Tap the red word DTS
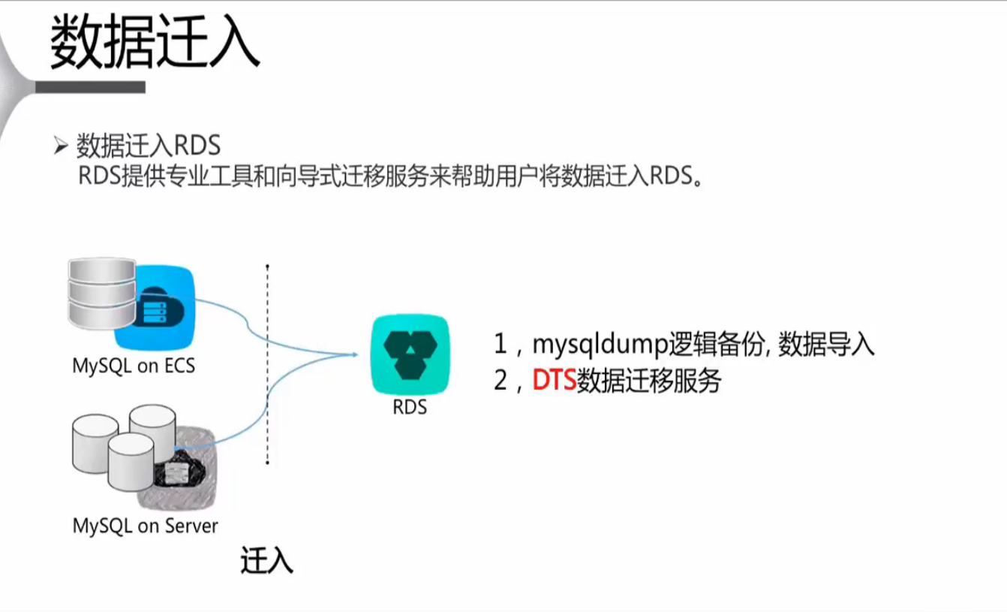coord(554,381)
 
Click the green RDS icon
coord(410,354)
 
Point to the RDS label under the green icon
coord(410,408)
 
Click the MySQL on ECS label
coord(134,366)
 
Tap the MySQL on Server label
coord(145,526)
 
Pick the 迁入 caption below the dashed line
coord(266,561)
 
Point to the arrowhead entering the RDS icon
coord(352,354)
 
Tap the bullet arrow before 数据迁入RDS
coord(61,145)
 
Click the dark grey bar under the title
coord(90,88)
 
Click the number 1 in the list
coord(500,345)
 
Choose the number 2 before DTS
coord(501,381)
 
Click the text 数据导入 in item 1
coord(826,345)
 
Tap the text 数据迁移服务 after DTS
coord(648,381)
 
